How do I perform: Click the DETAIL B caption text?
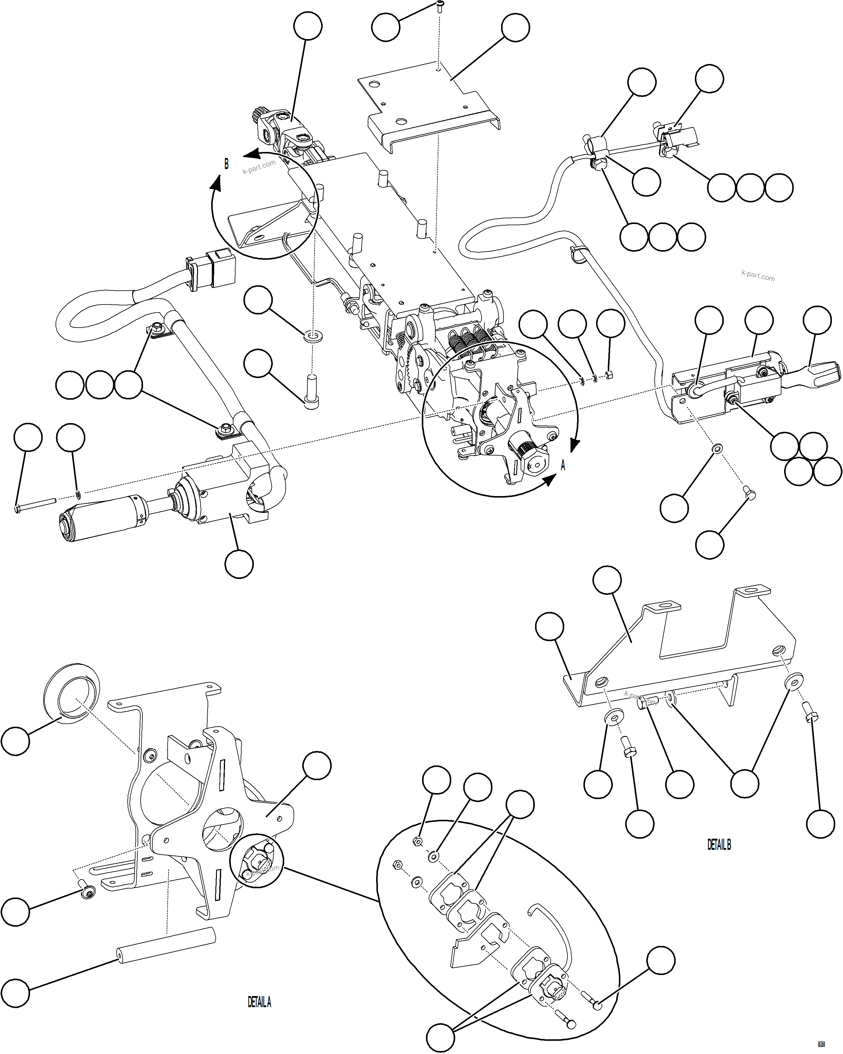[x=719, y=844]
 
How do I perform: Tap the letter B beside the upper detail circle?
[x=227, y=164]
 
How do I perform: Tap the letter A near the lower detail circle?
[x=563, y=465]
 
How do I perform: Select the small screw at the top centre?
[x=439, y=6]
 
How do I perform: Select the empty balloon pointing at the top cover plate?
[x=516, y=28]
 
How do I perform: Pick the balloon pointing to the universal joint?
[x=308, y=27]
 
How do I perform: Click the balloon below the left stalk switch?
[x=239, y=564]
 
